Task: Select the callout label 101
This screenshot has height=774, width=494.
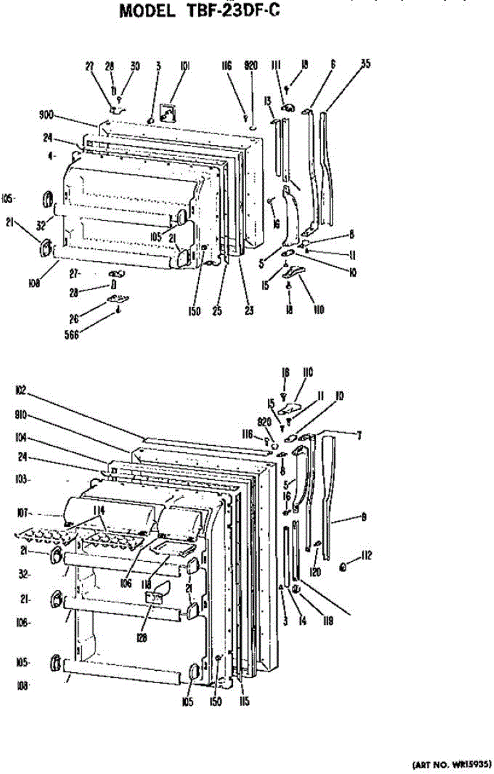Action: click(184, 65)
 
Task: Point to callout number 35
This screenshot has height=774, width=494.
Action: click(365, 64)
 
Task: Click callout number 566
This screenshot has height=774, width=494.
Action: click(77, 335)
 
